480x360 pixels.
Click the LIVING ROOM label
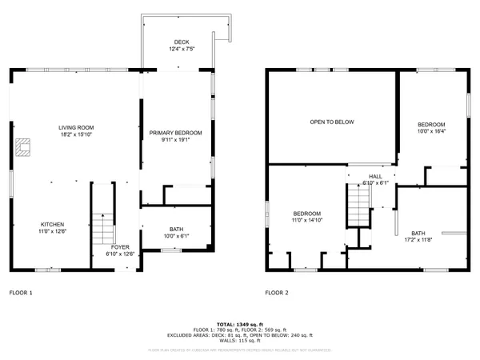pos(78,127)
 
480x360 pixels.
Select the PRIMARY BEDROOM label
pos(176,132)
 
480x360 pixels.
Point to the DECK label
pos(182,42)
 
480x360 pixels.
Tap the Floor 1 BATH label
pos(175,230)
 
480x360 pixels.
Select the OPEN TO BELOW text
pos(332,122)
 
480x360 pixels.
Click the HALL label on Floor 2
pos(375,176)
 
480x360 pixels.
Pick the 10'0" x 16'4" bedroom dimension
pos(431,132)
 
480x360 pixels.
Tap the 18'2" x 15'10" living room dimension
pos(78,134)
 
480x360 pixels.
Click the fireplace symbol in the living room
pos(22,146)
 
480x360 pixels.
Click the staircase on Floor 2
pos(358,204)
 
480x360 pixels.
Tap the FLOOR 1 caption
pos(21,293)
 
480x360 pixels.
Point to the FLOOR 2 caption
pos(277,293)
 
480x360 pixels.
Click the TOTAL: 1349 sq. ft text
pos(239,323)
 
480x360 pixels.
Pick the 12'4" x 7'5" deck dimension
pos(182,50)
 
